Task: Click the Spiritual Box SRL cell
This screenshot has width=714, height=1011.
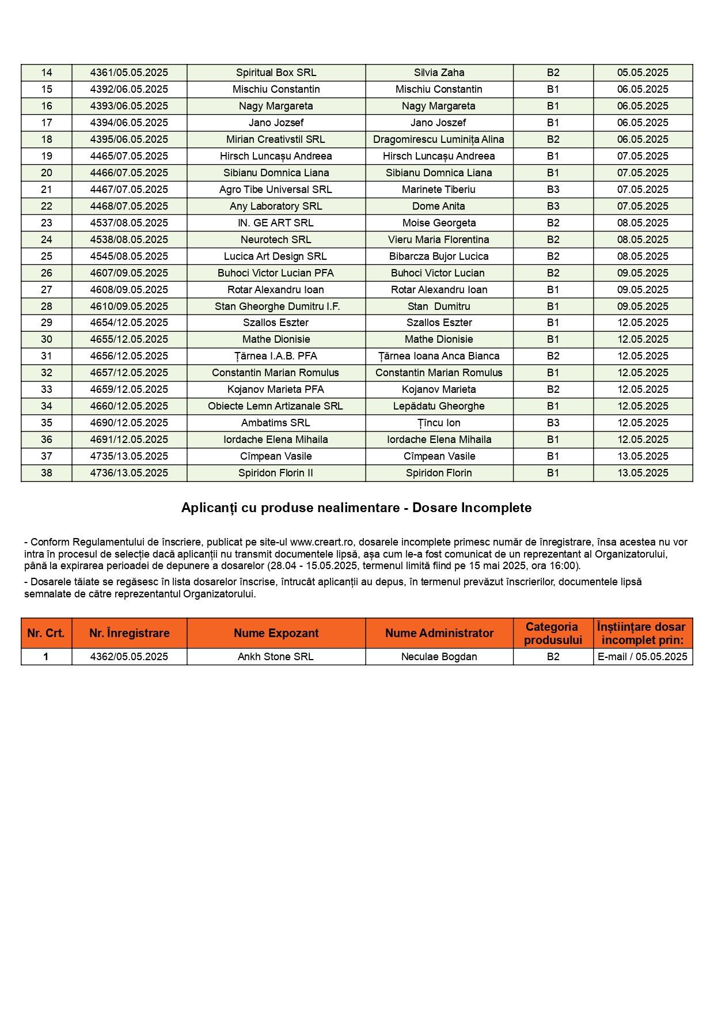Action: tap(276, 73)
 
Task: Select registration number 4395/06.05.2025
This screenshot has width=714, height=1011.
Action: tap(129, 139)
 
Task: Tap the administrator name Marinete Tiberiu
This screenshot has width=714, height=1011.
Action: tap(439, 190)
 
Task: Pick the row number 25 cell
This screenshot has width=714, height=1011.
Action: tap(47, 256)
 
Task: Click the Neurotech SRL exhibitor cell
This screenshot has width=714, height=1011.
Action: tap(276, 240)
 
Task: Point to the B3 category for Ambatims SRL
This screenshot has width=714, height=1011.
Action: tap(553, 423)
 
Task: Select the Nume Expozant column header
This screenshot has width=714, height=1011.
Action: tap(276, 633)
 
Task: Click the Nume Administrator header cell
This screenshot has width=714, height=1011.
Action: tap(439, 633)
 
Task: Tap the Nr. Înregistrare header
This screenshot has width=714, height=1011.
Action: tap(129, 633)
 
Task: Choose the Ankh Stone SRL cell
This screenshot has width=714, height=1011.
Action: tap(276, 657)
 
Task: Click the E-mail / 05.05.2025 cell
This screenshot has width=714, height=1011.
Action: tap(643, 657)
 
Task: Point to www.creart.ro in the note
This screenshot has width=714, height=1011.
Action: tap(321, 542)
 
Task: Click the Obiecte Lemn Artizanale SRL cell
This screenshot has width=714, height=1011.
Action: tap(276, 406)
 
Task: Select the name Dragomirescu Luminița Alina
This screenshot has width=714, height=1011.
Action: tap(439, 139)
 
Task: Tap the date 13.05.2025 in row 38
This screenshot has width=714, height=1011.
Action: tap(643, 473)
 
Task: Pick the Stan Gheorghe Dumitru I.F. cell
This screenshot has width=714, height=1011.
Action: tap(277, 306)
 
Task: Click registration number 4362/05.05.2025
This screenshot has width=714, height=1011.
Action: tap(129, 657)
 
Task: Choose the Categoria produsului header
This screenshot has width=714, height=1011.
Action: tap(553, 633)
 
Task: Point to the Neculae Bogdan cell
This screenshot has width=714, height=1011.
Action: tap(439, 657)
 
